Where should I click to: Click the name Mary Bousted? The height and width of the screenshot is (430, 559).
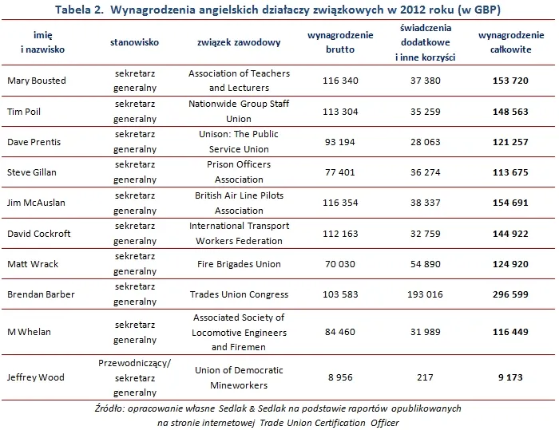coord(37,81)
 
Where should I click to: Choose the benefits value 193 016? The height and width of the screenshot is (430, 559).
coord(419,294)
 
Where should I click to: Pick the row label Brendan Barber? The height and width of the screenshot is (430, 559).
coord(41,294)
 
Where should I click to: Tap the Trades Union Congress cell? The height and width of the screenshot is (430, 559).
coord(239,294)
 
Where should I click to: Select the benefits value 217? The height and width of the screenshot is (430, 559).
coord(419,377)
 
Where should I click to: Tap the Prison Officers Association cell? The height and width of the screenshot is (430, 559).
coord(239,172)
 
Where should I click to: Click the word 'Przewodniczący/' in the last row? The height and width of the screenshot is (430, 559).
coord(134,361)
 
